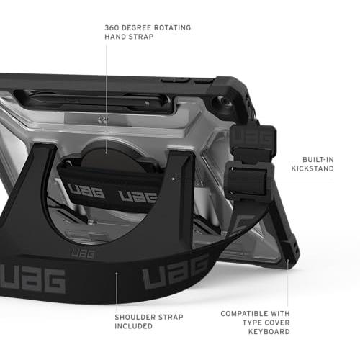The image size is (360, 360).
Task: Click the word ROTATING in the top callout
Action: point(172,27)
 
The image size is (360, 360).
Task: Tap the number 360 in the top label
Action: point(112,27)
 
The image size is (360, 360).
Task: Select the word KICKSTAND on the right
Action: point(312,168)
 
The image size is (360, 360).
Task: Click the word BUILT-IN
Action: point(318,160)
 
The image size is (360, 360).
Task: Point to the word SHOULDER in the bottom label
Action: point(135,317)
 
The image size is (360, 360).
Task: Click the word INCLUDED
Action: point(133,326)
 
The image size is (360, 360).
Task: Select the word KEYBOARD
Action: point(269,332)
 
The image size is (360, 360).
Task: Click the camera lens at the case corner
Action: point(225,102)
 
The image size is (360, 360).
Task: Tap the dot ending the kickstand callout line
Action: point(174,179)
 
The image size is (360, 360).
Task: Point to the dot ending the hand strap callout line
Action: point(106,152)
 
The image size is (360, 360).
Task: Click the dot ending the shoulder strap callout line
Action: point(117,273)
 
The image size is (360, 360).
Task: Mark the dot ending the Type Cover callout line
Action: point(287,260)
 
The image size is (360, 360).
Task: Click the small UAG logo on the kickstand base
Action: point(83,253)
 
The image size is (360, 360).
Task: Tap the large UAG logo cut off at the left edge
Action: point(32,280)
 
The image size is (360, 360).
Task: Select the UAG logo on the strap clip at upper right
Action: point(253,137)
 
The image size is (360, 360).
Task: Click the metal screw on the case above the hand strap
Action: point(103,120)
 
